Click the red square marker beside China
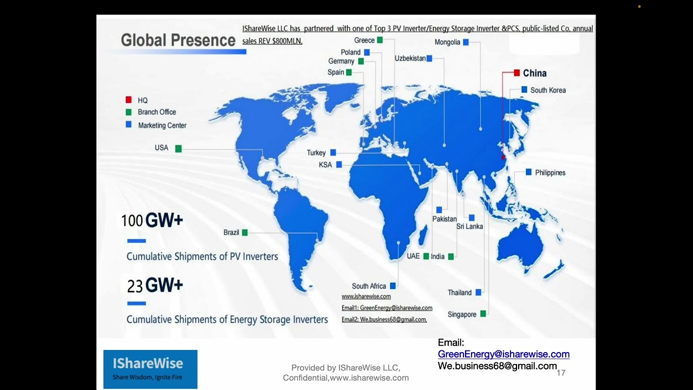(x=517, y=73)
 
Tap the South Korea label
(x=547, y=90)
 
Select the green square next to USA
(x=178, y=148)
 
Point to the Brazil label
(x=231, y=232)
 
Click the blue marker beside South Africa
(x=393, y=285)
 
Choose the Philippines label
(x=550, y=173)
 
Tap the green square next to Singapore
(x=483, y=313)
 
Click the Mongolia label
(x=447, y=42)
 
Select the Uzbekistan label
(x=410, y=58)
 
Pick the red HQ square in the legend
(x=128, y=100)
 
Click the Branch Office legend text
(x=157, y=112)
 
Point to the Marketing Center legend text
(x=162, y=125)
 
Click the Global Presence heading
(x=178, y=40)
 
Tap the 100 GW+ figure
(x=152, y=220)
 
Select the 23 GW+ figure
(x=155, y=285)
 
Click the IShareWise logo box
(x=151, y=369)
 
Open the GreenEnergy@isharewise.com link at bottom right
(x=504, y=354)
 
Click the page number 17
(x=561, y=373)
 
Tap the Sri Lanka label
(x=469, y=226)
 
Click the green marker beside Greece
(x=380, y=40)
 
